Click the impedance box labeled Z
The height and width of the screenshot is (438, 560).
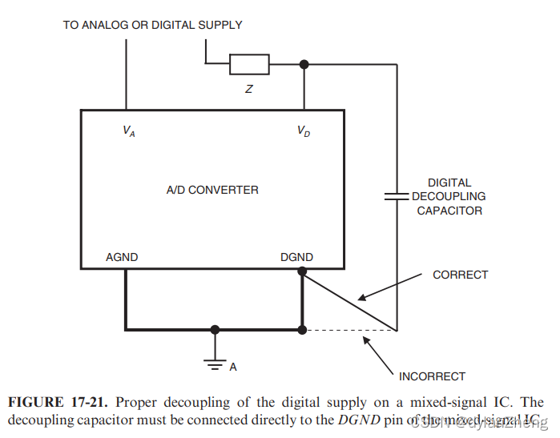(x=249, y=64)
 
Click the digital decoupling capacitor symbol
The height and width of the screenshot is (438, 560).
(x=397, y=195)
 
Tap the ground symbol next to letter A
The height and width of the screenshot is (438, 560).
(x=215, y=362)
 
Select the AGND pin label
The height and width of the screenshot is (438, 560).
(x=122, y=257)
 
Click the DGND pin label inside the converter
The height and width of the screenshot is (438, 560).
(x=296, y=257)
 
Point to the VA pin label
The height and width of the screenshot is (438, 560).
(x=129, y=131)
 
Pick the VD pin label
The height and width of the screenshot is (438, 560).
(x=304, y=131)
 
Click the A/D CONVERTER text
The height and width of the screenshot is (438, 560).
(x=212, y=190)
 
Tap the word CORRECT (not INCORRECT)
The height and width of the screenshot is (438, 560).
(x=460, y=275)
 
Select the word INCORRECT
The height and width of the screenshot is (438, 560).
(x=432, y=376)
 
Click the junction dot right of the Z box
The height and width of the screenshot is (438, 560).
(x=304, y=64)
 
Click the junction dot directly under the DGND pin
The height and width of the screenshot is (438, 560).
(x=302, y=272)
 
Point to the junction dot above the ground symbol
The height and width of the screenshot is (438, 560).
(x=215, y=329)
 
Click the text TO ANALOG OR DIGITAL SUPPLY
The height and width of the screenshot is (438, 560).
(x=153, y=25)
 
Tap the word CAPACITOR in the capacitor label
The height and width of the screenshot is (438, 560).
(x=449, y=211)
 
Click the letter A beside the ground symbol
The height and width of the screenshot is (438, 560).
(x=233, y=368)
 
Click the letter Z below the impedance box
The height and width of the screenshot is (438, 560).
(x=249, y=89)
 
